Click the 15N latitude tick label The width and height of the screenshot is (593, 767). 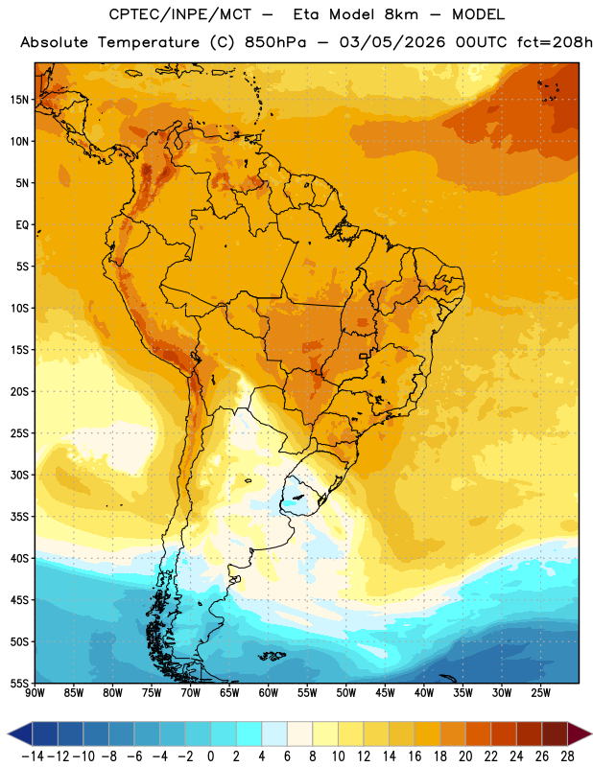pos(19,100)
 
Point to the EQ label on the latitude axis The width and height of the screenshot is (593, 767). pos(22,225)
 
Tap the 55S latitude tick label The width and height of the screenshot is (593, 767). pos(19,684)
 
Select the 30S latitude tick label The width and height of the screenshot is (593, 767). pos(19,476)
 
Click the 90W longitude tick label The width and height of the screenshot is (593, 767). pos(35,693)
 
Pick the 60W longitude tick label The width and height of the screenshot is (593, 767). pos(269,693)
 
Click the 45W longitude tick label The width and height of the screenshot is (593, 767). pos(385,693)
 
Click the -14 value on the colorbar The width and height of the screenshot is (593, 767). pos(33,756)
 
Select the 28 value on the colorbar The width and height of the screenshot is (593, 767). pos(567,756)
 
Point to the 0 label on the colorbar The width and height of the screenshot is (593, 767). pos(210,756)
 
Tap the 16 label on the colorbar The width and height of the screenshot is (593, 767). pos(415,756)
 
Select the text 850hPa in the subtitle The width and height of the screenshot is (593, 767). pos(275,42)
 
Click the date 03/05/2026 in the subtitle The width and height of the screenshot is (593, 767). pos(392,42)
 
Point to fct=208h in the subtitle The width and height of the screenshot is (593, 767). pos(555,42)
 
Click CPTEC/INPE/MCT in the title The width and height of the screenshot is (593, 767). pos(179,14)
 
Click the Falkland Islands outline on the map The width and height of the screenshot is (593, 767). pos(273,656)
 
